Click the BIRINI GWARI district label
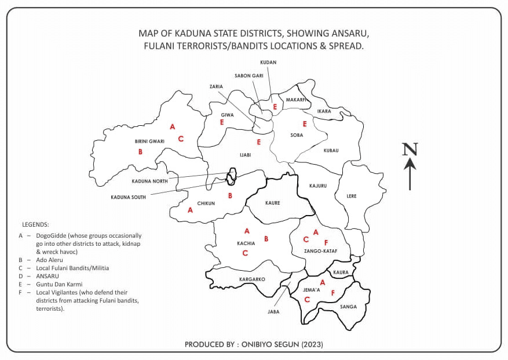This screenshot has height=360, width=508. pos(149,141)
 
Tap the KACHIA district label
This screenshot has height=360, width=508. pos(246,243)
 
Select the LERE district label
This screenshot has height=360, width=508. pos(352,196)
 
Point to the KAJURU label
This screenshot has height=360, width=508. pos(319,186)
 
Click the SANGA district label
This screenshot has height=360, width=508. pos(348,307)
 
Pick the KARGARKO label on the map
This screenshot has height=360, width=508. pos(252,279)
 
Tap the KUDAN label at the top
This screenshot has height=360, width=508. pos(268,62)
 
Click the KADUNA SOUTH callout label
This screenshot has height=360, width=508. pos(129,197)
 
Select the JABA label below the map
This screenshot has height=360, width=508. pos(273,311)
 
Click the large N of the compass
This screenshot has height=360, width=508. pos(410,150)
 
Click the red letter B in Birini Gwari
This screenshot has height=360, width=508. pos(140,152)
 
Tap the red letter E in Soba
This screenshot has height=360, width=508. pos(304,123)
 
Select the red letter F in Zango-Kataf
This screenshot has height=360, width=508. pos(326,242)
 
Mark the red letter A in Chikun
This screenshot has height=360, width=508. pos(190,210)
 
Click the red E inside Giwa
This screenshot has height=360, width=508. pos(221,122)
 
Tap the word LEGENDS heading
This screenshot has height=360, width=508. pos(36,224)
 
